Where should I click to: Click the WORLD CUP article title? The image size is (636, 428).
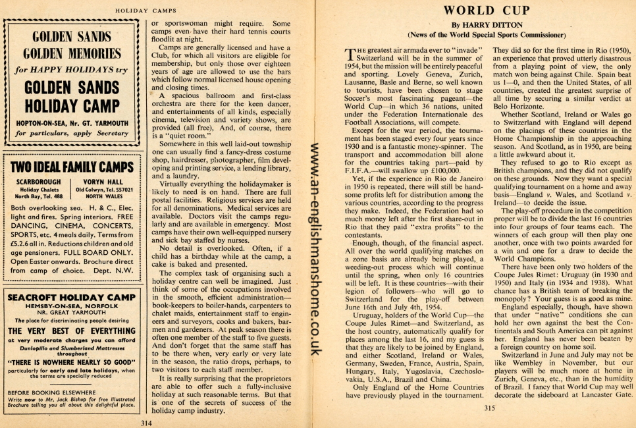point(487,10)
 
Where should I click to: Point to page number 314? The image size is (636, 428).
point(146,421)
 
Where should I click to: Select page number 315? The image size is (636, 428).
point(488,408)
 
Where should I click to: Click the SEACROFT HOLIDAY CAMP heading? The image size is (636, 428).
point(71,297)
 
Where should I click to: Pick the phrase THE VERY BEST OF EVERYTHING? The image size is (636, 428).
point(71,331)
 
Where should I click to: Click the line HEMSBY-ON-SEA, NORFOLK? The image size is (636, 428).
point(71,306)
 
